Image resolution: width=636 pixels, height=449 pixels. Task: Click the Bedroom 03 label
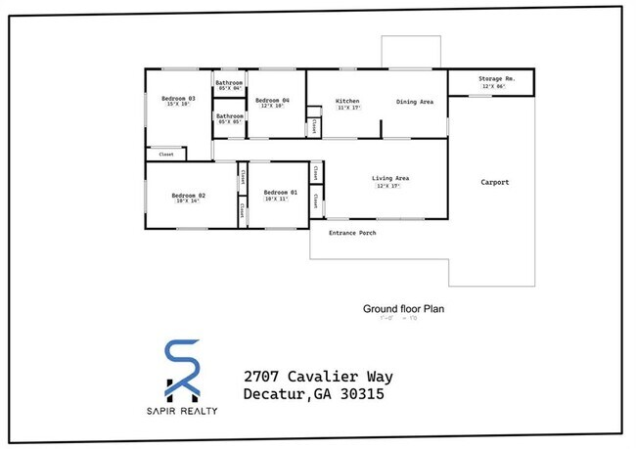tap(179, 98)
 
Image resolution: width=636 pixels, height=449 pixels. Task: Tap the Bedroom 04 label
tap(272, 100)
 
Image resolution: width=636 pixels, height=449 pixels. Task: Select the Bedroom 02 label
tap(189, 195)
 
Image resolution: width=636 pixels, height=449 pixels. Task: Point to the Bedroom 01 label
tap(280, 192)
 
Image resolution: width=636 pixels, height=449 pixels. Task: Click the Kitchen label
tap(347, 101)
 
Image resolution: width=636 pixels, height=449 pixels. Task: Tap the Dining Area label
tap(415, 101)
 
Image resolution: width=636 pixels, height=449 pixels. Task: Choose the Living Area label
tap(389, 178)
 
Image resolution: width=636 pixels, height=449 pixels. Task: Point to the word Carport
tap(494, 182)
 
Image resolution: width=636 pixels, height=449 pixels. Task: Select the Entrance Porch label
tap(352, 233)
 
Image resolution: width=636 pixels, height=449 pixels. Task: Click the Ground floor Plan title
tap(404, 308)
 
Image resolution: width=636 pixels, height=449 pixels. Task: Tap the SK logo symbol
tap(184, 370)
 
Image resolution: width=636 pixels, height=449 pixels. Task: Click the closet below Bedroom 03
tap(166, 154)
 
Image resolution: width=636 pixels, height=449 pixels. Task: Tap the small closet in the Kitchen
tap(313, 126)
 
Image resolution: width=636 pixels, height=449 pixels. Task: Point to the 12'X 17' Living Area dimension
tap(389, 186)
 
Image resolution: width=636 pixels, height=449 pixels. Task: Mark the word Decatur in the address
tap(275, 395)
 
